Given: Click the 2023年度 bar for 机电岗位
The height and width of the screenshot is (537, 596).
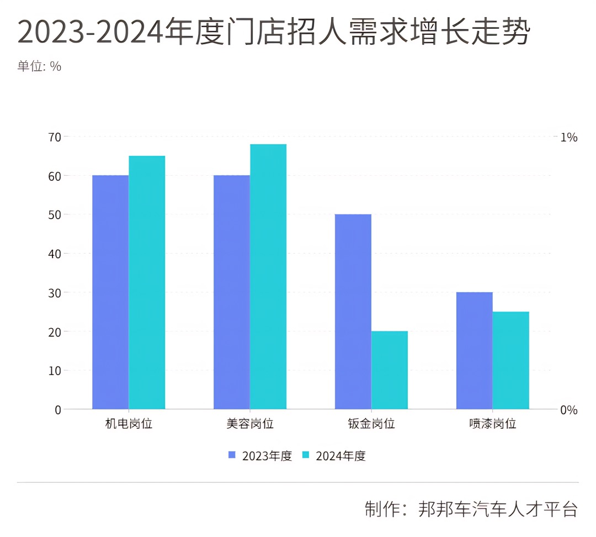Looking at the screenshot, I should (110, 292).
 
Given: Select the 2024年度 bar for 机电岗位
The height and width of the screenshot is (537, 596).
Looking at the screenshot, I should (147, 282).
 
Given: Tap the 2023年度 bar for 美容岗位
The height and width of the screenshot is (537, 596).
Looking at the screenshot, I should (232, 292).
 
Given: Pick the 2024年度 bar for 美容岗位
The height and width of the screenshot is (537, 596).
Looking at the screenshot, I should (268, 277).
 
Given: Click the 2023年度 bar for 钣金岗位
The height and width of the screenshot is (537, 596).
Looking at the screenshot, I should (353, 312).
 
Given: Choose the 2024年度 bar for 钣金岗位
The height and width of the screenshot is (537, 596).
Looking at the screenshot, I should (390, 370).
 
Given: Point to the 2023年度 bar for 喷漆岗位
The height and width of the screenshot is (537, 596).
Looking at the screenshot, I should (475, 351).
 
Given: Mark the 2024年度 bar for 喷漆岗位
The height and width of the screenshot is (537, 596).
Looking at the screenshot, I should (511, 360).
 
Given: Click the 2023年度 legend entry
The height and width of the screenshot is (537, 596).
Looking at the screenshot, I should (260, 456).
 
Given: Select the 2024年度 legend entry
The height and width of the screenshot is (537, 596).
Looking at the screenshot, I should (334, 456).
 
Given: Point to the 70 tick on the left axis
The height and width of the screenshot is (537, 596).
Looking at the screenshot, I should (55, 136).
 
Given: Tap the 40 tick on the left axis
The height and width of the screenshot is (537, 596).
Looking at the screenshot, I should (55, 254).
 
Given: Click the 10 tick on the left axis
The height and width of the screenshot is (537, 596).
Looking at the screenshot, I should (55, 370).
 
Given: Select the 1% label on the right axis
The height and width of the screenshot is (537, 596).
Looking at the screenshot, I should (569, 137).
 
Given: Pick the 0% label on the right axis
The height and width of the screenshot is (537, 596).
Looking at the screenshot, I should (569, 410).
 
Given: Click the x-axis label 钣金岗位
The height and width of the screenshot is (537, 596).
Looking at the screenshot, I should (371, 424).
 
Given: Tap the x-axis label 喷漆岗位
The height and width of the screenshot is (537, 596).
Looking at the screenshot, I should (493, 424).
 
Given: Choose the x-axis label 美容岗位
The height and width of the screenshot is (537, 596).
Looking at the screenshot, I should (250, 424).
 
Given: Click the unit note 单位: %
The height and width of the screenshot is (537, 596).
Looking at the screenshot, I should (40, 66).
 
